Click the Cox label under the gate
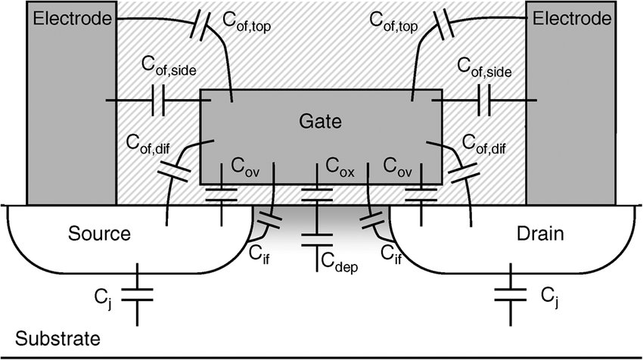click(x=340, y=164)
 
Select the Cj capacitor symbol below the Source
click(x=137, y=293)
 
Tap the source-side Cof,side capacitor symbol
click(x=159, y=100)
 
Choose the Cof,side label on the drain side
click(x=485, y=70)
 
